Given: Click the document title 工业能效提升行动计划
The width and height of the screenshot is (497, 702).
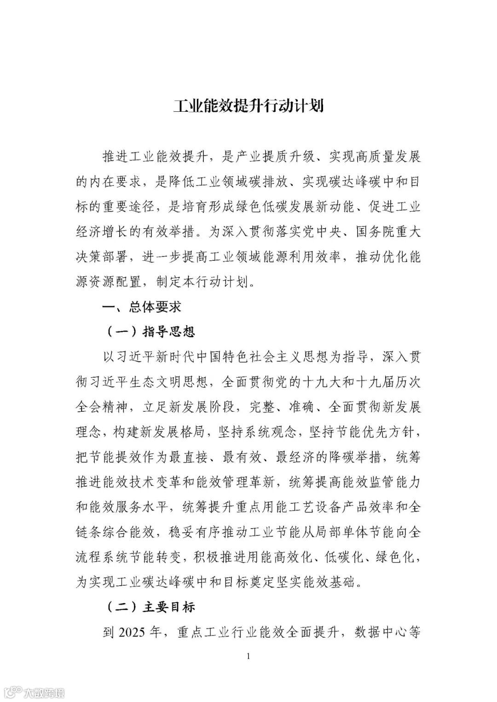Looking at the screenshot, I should (x=248, y=105).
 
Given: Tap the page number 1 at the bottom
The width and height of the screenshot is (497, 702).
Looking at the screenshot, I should (x=248, y=656).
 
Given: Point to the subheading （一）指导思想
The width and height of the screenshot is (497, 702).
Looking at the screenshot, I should (x=151, y=331).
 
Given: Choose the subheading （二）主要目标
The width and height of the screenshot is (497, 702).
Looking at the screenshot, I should (x=151, y=607).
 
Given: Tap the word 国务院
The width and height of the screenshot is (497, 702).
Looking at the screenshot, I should (x=376, y=231).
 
